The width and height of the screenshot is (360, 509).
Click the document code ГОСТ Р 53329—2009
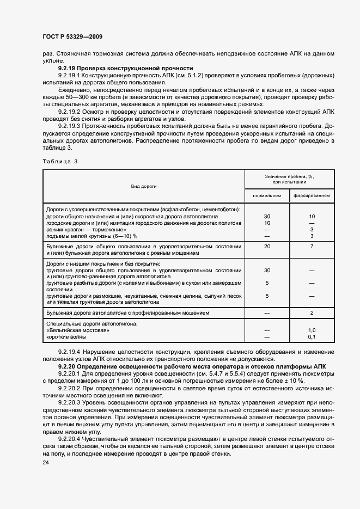(72, 36)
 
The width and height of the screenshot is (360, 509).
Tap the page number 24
(45, 463)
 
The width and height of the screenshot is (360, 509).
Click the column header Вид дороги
(143, 186)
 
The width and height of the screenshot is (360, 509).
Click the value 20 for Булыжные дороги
(267, 247)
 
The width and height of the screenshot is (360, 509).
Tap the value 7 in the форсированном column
(312, 247)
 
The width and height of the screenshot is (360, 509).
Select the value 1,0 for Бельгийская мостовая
(312, 330)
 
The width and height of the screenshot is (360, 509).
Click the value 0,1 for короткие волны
(312, 337)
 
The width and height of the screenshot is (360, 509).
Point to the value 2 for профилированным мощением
(312, 313)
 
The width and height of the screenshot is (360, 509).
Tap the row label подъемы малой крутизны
(91, 236)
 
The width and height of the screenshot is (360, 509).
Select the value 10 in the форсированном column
(312, 216)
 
